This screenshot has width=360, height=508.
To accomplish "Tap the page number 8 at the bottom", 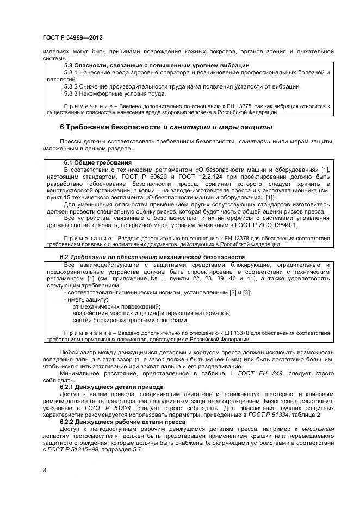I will [x=44, y=468].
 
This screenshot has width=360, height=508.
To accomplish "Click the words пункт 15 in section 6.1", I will [x=58, y=198].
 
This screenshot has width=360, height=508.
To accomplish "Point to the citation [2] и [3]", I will [x=241, y=292].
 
